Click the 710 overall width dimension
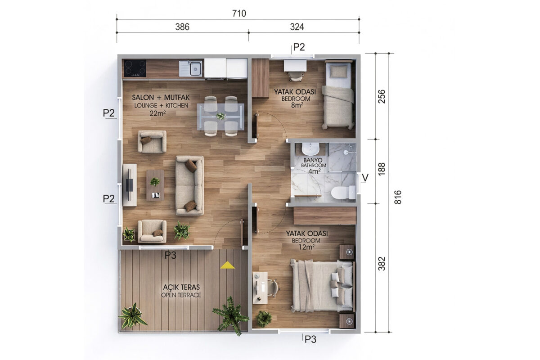[239, 13]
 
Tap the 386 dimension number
[182, 27]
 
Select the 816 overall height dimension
[398, 197]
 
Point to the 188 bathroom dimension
[382, 169]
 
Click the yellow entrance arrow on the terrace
[227, 265]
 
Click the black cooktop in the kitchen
[135, 68]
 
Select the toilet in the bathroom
[343, 192]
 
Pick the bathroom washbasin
[310, 149]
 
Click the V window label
[365, 178]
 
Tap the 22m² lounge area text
[157, 113]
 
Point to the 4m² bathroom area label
[315, 171]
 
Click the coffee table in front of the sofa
[155, 185]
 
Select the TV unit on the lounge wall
[130, 185]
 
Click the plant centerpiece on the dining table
[220, 117]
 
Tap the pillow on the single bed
[339, 72]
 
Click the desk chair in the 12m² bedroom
[273, 288]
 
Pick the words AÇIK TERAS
[181, 287]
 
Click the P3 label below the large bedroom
[310, 339]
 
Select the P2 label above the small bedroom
[299, 47]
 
